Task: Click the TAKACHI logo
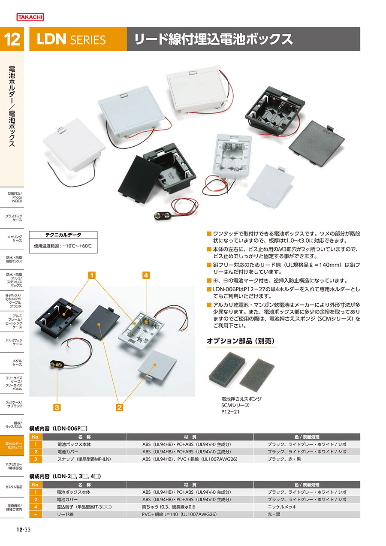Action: (x=30, y=17)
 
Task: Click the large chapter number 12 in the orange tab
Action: (x=12, y=39)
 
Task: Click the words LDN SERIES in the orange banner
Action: (x=71, y=39)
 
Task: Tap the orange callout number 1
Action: (x=92, y=275)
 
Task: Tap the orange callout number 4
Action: (x=146, y=275)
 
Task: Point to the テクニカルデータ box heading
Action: (x=63, y=235)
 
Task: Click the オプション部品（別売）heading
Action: (x=241, y=341)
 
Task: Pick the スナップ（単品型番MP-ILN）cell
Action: (x=84, y=459)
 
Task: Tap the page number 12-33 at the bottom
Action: (x=24, y=529)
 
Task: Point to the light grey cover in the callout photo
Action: (x=157, y=365)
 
